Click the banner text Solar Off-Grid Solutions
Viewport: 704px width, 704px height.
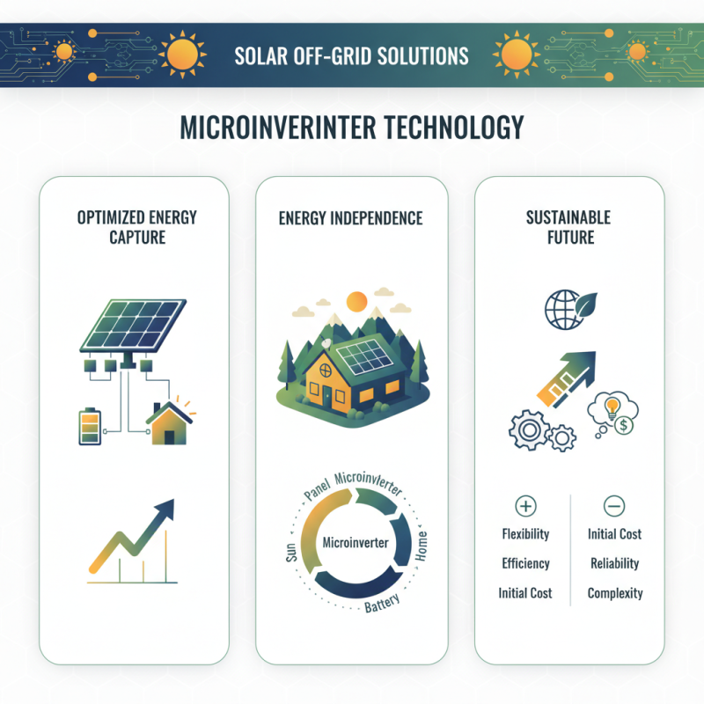pos(351,56)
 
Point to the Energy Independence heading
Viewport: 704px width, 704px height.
pos(351,217)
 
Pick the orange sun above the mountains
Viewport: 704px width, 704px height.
pos(356,301)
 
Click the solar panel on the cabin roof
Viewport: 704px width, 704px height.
pos(363,356)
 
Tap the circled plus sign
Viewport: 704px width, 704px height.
pos(525,506)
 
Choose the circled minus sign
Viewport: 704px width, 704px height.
pos(614,506)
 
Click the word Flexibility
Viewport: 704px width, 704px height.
pos(525,534)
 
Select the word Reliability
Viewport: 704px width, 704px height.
pos(614,563)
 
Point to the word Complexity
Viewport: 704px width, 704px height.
pos(614,593)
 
